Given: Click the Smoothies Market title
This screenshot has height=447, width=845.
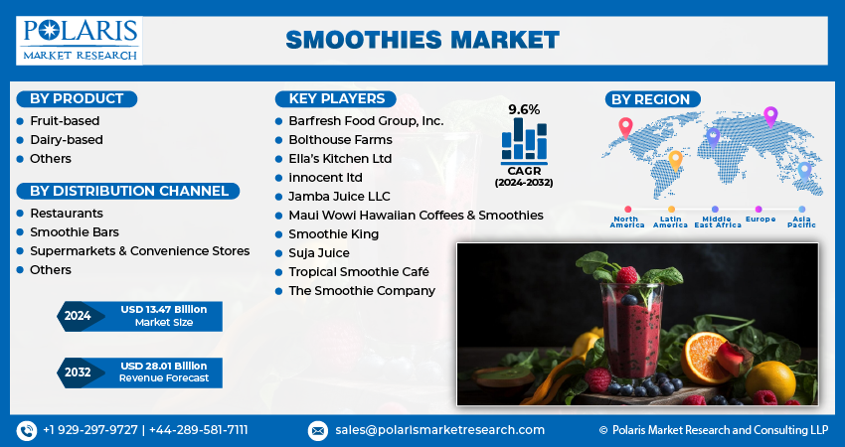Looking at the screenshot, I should click(422, 40).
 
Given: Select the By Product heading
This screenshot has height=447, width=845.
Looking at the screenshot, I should click(77, 98).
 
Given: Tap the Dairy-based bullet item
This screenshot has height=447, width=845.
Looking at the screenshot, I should click(66, 139).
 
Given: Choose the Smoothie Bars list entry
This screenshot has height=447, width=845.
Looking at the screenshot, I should click(75, 231).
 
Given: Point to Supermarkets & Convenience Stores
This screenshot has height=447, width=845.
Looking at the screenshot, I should click(139, 250).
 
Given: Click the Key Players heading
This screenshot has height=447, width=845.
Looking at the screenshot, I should click(336, 98).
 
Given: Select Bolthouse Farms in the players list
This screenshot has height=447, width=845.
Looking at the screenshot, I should click(340, 139).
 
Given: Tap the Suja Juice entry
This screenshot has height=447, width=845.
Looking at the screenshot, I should click(319, 252).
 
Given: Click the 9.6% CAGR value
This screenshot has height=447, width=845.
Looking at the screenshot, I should click(524, 108).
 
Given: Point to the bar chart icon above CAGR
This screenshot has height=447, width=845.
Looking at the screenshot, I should click(524, 140).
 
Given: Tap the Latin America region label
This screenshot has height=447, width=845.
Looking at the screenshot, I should click(670, 222).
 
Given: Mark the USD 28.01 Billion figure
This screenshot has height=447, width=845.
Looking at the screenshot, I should click(164, 367).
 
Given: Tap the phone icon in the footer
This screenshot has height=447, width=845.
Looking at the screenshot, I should click(27, 430).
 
